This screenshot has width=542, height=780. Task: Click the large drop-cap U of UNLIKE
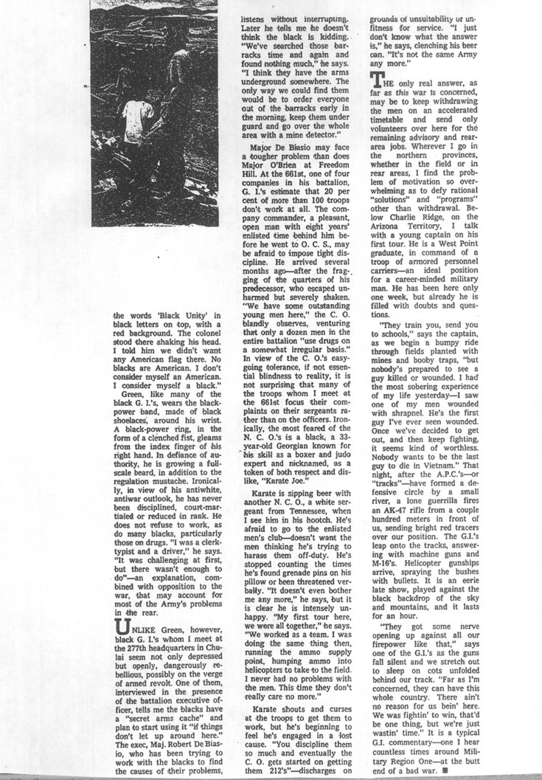[x=122, y=625]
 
